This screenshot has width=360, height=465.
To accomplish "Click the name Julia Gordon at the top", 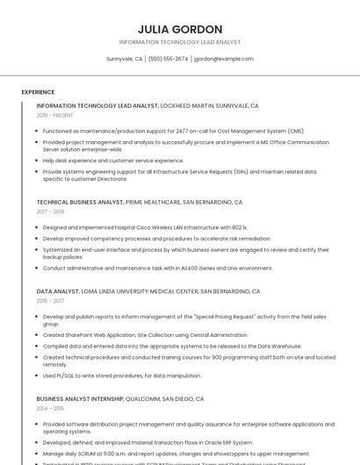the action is (180, 29).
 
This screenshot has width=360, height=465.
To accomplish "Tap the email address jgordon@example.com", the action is (224, 59).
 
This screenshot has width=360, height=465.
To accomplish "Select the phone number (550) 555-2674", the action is (168, 59).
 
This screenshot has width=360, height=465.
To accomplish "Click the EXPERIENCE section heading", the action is (38, 91).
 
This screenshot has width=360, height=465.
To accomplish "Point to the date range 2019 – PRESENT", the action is (55, 115).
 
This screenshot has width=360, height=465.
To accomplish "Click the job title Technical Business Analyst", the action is (80, 202).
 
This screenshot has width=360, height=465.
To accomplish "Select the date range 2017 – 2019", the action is (50, 211).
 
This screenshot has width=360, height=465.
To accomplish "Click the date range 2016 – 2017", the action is (50, 300).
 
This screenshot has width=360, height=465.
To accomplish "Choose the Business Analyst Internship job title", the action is (86, 398).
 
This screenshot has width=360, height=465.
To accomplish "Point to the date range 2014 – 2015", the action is (50, 408).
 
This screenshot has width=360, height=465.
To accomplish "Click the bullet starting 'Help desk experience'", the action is (113, 161).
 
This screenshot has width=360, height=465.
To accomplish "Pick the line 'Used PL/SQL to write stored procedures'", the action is (122, 376).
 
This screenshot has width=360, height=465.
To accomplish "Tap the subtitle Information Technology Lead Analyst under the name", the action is (180, 42).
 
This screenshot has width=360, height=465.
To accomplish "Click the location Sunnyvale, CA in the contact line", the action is (124, 59).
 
